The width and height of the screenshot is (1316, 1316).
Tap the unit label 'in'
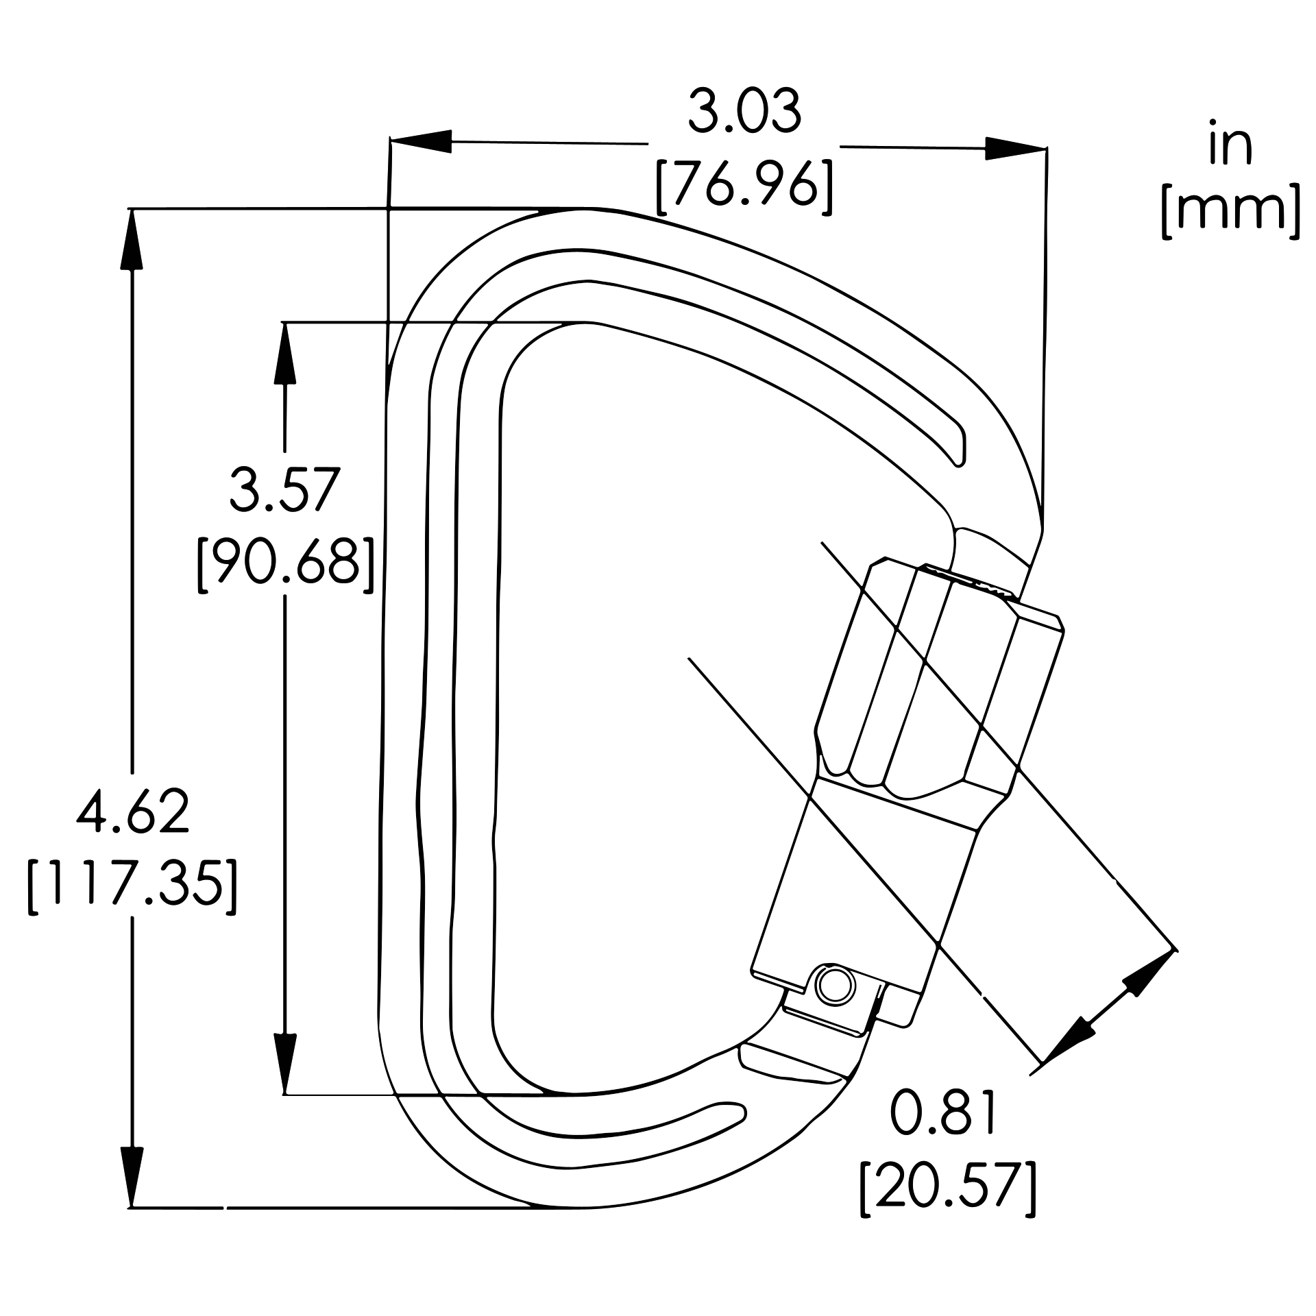(1230, 145)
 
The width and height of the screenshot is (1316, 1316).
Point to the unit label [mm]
(1230, 210)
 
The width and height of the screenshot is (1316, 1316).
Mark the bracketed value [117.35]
(132, 886)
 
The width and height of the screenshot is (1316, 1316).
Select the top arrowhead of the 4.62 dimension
(132, 240)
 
